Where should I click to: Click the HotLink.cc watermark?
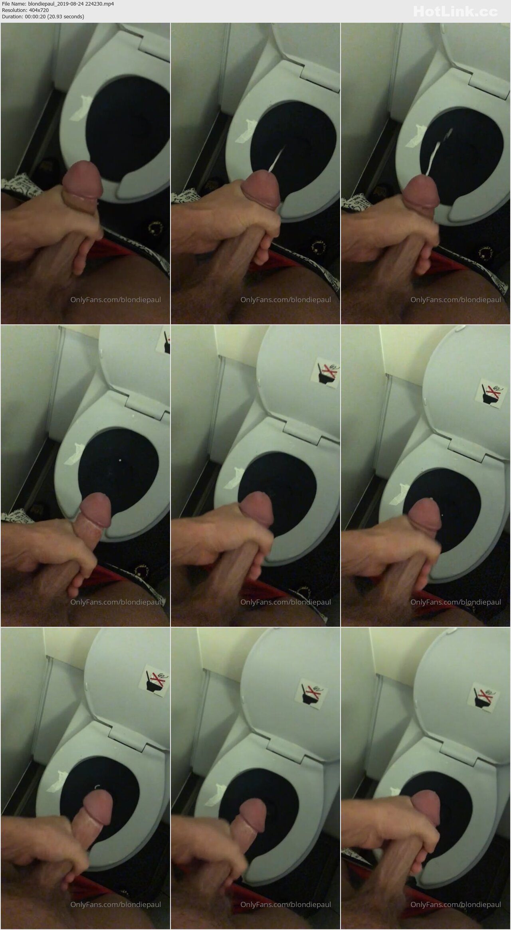[x=456, y=12]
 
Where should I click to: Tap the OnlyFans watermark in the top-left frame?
[x=116, y=299]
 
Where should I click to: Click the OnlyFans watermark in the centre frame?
[x=286, y=602]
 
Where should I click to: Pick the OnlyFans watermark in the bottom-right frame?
[x=456, y=904]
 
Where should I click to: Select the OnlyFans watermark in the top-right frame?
[x=456, y=299]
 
